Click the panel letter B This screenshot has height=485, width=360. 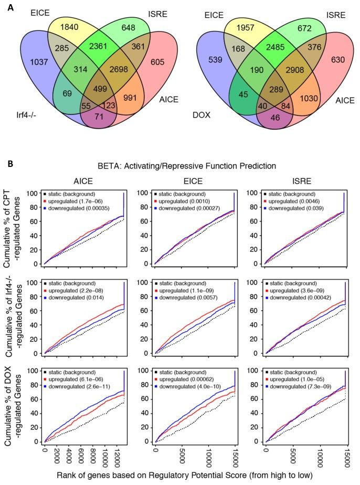(x=5, y=150)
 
